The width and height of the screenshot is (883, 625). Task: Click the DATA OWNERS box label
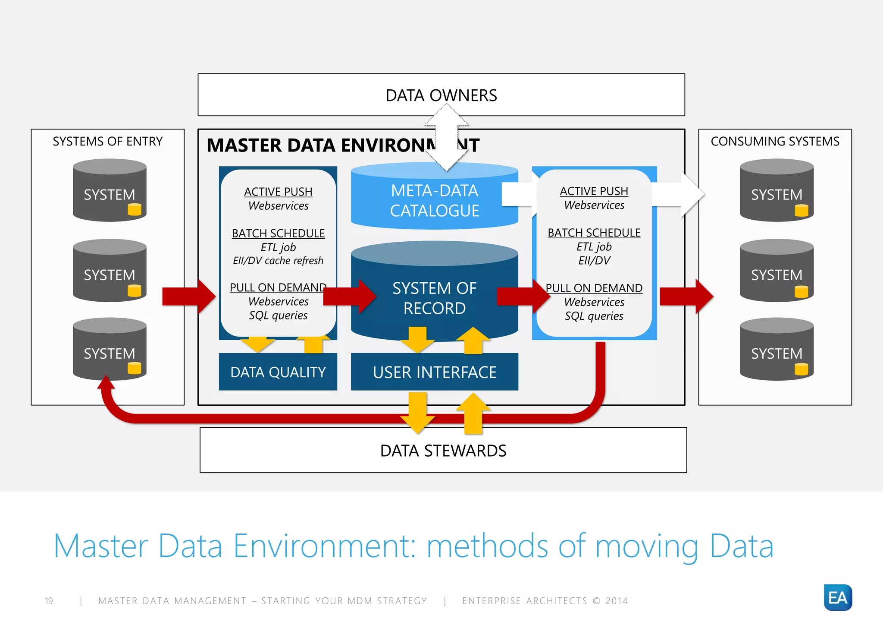[441, 95]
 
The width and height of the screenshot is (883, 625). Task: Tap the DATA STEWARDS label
[443, 451]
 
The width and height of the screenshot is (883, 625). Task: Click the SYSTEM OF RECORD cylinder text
[434, 298]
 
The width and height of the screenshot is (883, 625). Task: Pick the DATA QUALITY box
[278, 372]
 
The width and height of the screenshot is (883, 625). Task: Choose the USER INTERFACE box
[434, 372]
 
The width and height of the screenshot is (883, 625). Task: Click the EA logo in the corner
[837, 597]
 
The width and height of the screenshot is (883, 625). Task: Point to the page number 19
[49, 601]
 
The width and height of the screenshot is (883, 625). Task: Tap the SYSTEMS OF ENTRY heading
[107, 142]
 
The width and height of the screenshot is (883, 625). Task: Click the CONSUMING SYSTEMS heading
[775, 142]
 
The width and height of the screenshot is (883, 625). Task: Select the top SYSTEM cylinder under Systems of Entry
[109, 191]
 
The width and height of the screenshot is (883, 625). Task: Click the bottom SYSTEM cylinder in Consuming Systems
[776, 350]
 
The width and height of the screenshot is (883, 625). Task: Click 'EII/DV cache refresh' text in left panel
[278, 261]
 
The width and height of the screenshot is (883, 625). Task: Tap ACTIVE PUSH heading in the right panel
[594, 191]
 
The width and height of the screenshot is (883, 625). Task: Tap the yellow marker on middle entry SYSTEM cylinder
[134, 290]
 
